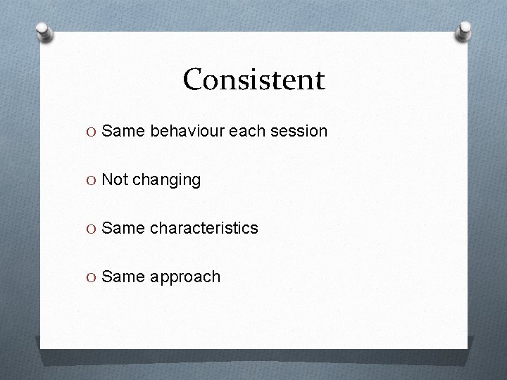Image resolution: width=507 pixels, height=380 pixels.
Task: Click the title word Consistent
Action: pos(254,80)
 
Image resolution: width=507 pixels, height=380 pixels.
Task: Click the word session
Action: pos(299,131)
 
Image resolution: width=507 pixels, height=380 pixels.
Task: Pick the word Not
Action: pos(115,179)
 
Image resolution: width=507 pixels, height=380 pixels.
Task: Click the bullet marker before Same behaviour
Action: pos(93,132)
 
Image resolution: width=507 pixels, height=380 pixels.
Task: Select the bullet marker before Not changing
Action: pos(93,180)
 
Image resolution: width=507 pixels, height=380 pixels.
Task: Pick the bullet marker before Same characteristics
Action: pos(93,229)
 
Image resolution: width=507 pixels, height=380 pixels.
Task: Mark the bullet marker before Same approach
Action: pos(93,277)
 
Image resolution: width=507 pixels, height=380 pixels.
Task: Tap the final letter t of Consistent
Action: pos(320,80)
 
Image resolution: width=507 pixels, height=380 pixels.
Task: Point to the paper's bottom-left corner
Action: pos(41,348)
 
